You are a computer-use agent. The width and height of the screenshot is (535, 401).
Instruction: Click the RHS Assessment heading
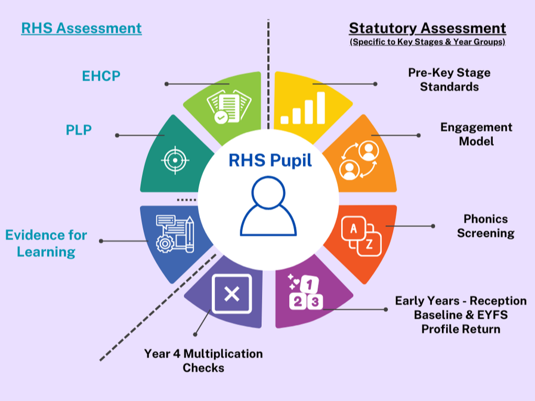click(x=81, y=28)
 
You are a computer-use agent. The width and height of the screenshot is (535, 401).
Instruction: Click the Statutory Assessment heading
click(x=427, y=28)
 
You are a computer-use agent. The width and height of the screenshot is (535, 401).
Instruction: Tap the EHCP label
click(x=101, y=76)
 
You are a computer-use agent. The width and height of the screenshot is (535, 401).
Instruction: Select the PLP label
click(x=79, y=129)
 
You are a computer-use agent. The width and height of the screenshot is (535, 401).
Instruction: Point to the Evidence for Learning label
click(x=46, y=243)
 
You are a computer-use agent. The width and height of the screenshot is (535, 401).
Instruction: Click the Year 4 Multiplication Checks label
click(x=203, y=360)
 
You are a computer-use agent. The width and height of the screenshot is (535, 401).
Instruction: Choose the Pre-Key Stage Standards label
click(x=449, y=79)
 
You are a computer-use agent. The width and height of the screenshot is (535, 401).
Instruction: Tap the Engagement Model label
click(x=476, y=134)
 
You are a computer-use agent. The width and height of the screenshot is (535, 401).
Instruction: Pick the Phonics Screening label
click(x=485, y=226)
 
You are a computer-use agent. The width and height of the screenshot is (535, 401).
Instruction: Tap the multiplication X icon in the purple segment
click(x=231, y=293)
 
